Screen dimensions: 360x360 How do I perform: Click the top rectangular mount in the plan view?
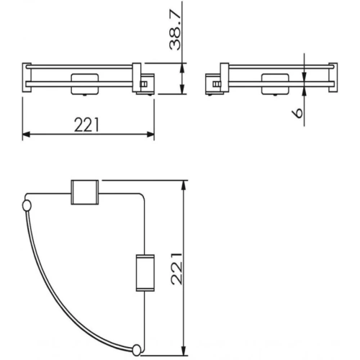[84, 193]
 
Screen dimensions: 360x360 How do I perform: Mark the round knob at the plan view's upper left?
[27, 207]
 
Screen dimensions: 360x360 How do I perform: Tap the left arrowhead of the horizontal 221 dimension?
[27, 134]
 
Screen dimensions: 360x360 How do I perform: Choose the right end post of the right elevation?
[333, 78]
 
